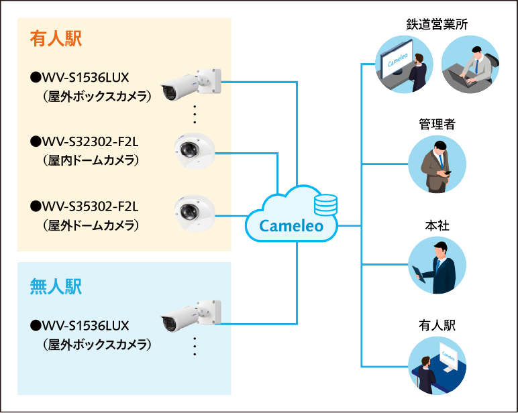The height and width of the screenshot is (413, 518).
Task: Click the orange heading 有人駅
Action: coord(56,38)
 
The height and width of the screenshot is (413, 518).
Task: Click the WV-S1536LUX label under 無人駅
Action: coord(85,326)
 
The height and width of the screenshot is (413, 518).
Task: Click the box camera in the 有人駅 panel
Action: coord(191,83)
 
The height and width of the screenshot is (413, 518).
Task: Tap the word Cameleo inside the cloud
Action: coord(291,227)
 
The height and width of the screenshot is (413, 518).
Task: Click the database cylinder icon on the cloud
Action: coord(329,204)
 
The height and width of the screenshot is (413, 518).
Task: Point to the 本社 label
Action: coord(437,225)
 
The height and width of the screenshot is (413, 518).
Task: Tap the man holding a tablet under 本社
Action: coord(437,265)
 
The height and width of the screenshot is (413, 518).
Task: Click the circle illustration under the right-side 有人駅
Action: coord(437,365)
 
